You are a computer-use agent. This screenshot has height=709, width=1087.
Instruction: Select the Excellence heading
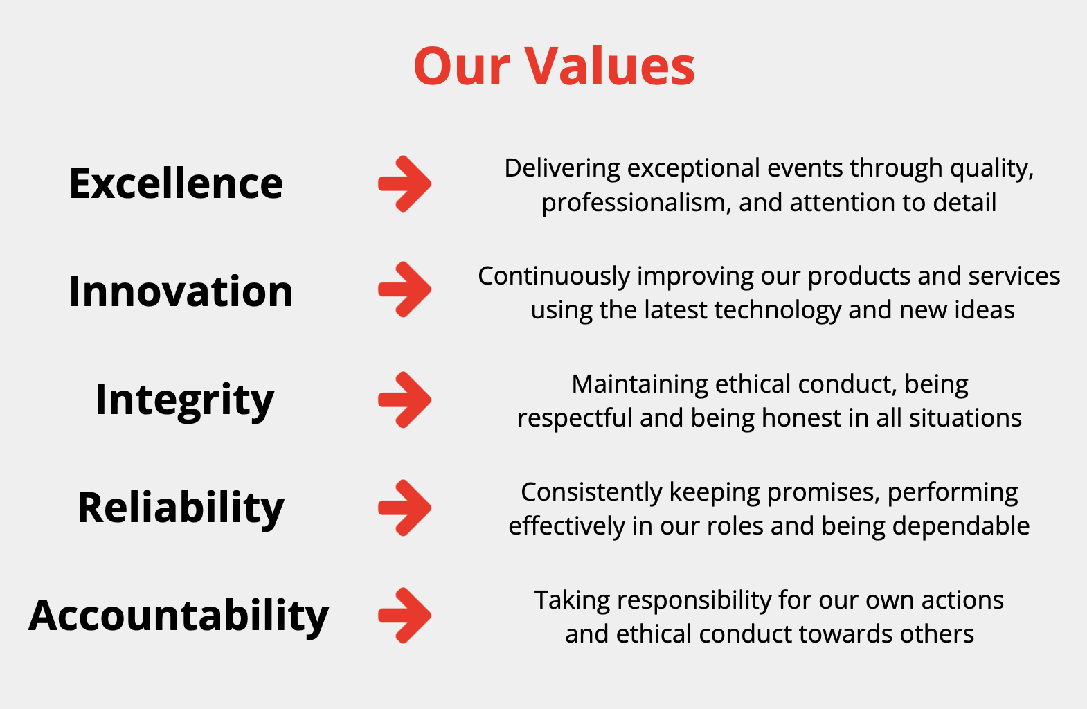click(176, 183)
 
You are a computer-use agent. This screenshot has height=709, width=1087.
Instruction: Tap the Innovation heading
click(181, 291)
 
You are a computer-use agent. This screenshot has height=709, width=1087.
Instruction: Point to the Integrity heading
click(185, 402)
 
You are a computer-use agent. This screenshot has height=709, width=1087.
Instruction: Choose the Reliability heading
click(181, 508)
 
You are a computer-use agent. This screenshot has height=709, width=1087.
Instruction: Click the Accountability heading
click(179, 616)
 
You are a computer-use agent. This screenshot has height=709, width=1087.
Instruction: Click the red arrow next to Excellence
click(405, 184)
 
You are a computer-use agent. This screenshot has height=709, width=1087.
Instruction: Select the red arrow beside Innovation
click(405, 289)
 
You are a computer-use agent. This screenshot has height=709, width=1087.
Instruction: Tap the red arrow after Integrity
click(405, 400)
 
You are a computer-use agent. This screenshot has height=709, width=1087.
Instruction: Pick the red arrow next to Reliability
click(405, 508)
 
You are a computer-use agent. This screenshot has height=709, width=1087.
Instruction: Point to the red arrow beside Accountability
click(405, 616)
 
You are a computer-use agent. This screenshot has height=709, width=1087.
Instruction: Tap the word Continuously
click(554, 277)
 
